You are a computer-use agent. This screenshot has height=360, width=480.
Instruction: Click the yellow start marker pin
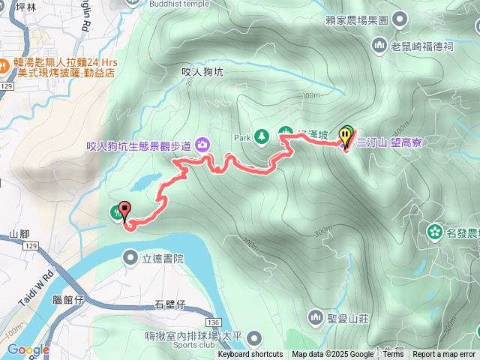[345, 136]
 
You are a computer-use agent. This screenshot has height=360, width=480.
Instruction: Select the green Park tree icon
[262, 136]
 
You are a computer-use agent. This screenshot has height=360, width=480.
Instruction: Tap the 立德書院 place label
[163, 259]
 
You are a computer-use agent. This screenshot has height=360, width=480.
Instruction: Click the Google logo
[28, 349]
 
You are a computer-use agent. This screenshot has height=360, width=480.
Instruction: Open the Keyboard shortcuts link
[250, 355]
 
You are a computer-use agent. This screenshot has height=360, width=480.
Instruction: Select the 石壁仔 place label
[169, 304]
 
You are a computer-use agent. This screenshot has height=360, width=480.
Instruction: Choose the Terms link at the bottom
[393, 355]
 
